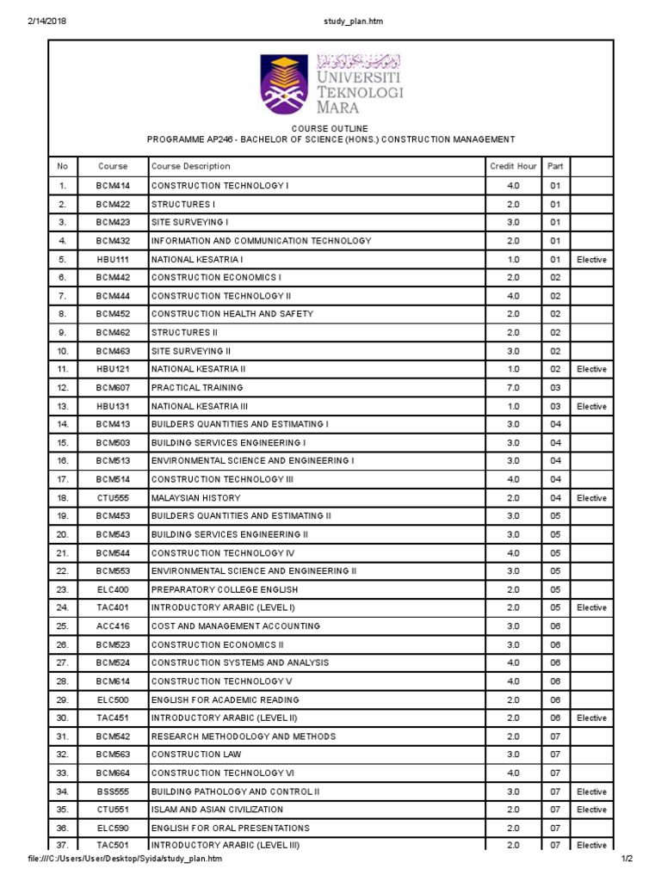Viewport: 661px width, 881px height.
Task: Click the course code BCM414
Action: (x=113, y=186)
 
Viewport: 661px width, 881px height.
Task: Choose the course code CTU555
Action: (x=113, y=497)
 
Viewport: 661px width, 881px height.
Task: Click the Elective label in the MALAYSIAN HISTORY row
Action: (x=591, y=497)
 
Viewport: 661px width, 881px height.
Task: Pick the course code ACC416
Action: (x=113, y=625)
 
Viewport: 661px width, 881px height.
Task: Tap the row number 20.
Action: (x=62, y=534)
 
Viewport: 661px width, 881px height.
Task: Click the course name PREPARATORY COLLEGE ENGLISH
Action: (x=225, y=589)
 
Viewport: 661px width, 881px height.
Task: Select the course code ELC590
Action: (x=113, y=828)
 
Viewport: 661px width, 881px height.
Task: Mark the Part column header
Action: (x=555, y=166)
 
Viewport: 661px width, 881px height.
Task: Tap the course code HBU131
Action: (x=113, y=406)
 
